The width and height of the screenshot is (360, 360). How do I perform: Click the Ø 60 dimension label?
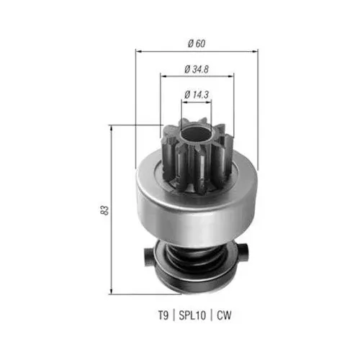(x=197, y=43)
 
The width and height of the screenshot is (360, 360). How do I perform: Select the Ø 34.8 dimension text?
(x=197, y=69)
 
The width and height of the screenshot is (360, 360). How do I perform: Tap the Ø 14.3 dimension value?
(x=197, y=94)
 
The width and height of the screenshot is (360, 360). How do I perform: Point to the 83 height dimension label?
(x=104, y=210)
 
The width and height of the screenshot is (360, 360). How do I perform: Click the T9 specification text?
(x=163, y=315)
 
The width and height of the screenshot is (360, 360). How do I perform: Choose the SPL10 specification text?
(x=192, y=315)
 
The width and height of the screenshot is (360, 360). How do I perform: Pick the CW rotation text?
(x=224, y=315)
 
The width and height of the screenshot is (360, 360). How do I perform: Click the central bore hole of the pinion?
(x=196, y=135)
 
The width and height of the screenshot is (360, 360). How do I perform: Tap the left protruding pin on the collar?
(x=149, y=257)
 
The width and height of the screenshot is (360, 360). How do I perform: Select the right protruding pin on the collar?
(x=244, y=253)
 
